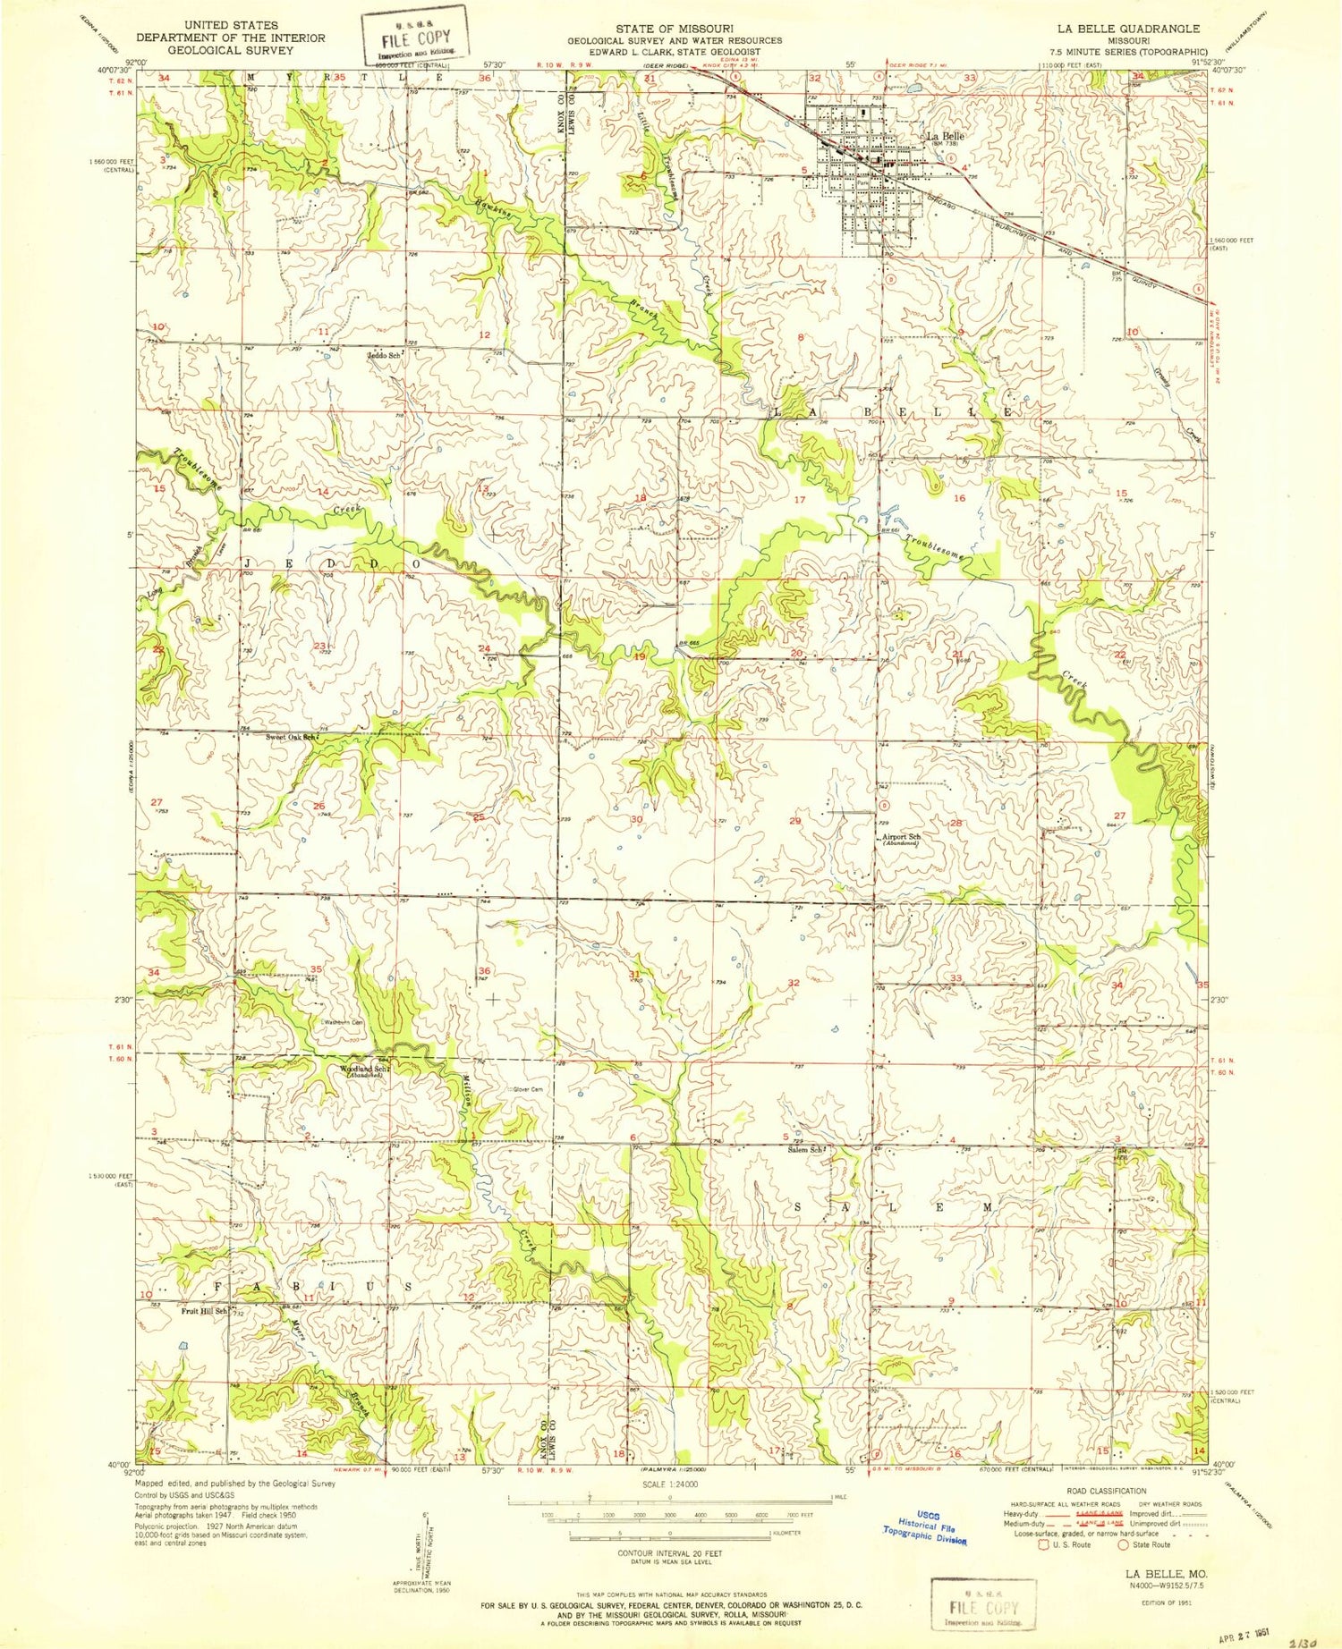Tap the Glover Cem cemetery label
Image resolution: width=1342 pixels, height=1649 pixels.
pos(526,1089)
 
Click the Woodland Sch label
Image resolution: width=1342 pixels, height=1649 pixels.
pos(362,1069)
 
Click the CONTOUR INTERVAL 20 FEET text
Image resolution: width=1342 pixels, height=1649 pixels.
pos(669,1552)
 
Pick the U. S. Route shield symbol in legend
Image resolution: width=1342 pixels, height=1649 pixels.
pos(1043,1544)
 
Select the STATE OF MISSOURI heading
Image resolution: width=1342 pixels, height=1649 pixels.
pos(675,29)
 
